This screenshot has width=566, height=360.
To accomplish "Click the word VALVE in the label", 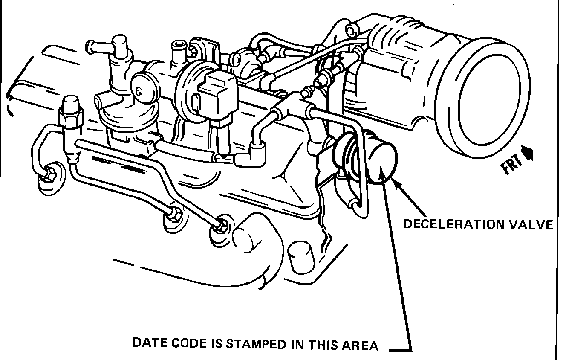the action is pyautogui.click(x=534, y=224).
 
